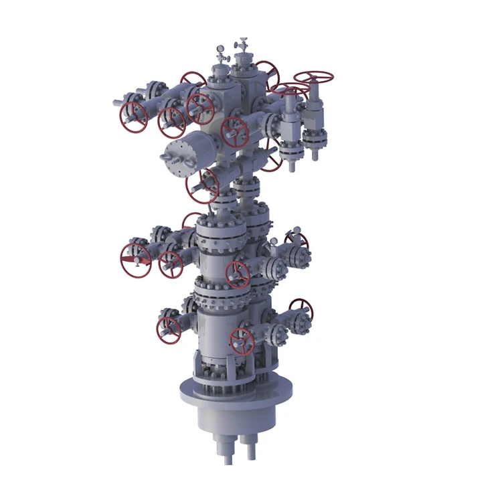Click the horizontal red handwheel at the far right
point(314,77)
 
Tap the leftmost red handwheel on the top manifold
point(133,116)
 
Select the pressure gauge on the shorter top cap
point(220,49)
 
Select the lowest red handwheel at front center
point(242,341)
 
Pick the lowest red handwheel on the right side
point(301,310)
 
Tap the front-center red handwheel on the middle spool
point(238,274)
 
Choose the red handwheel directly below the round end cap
point(202,185)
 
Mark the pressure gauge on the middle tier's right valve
point(293,235)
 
